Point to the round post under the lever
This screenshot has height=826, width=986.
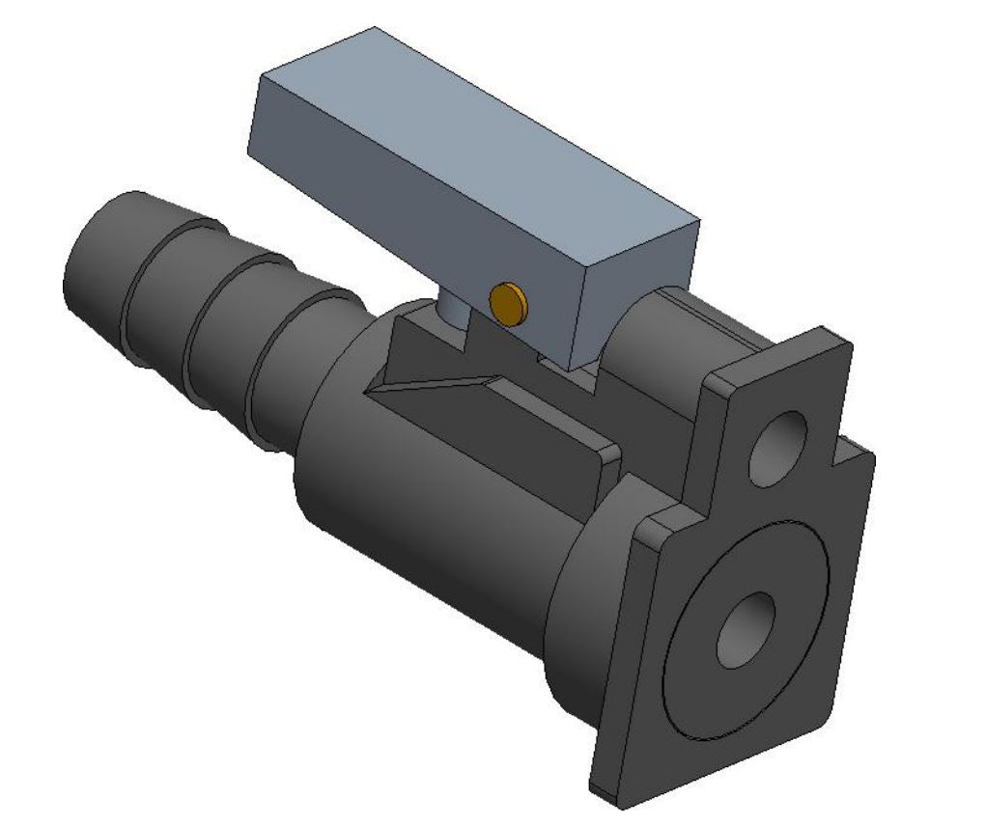click(451, 314)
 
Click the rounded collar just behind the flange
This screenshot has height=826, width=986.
click(589, 598)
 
